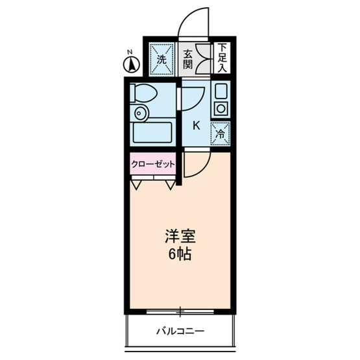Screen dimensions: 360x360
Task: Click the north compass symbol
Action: [x=130, y=64]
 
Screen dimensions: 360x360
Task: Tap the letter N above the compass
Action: [x=130, y=51]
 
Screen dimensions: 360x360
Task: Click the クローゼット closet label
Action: [x=153, y=164]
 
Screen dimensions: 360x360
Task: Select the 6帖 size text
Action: [x=178, y=254]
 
